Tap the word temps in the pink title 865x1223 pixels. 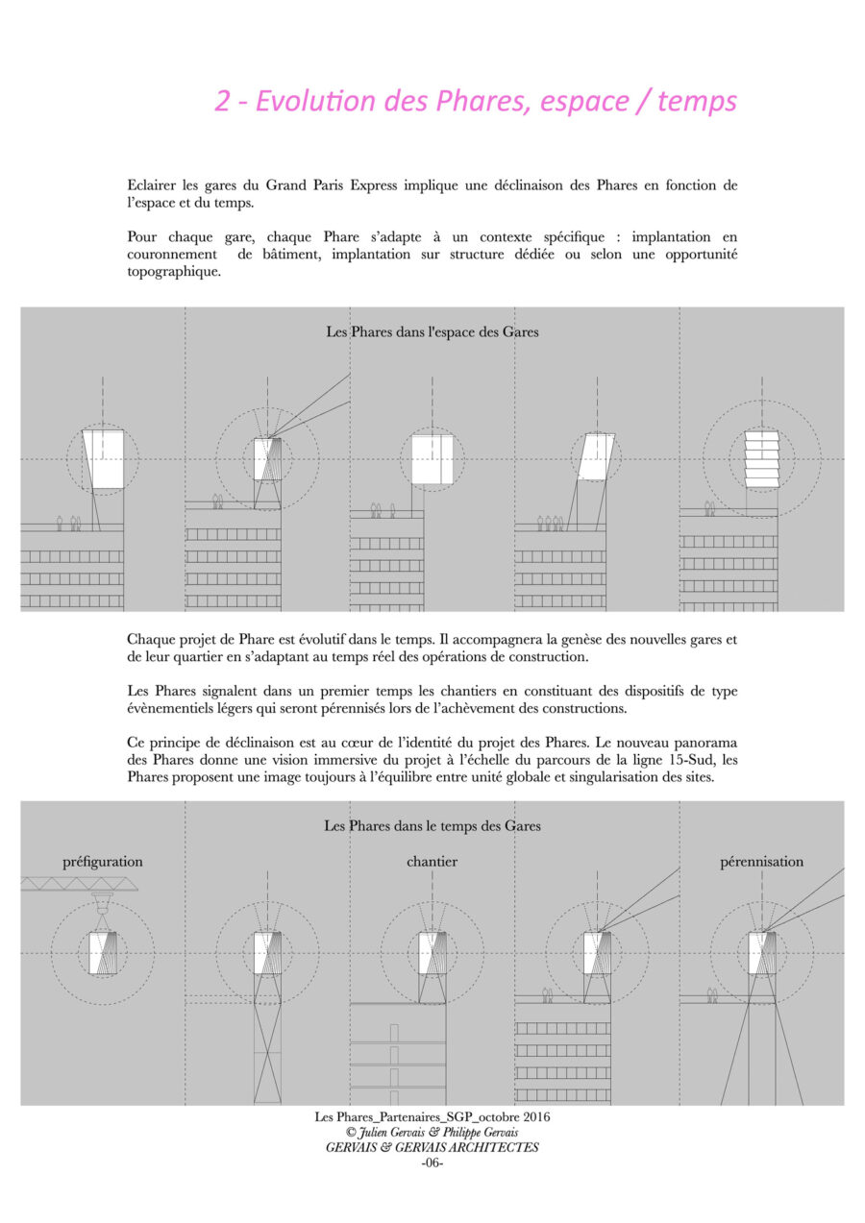point(697,102)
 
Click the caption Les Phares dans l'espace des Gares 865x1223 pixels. point(432,332)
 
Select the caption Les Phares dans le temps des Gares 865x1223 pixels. point(432,825)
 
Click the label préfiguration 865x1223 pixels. point(103,862)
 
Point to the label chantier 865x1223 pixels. point(432,862)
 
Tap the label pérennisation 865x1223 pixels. point(762,862)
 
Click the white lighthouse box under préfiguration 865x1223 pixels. point(103,953)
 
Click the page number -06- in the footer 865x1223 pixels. point(432,1162)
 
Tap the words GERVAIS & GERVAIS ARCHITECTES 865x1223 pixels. point(432,1147)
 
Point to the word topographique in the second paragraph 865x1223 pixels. point(173,272)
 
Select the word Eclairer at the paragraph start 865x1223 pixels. point(153,184)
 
